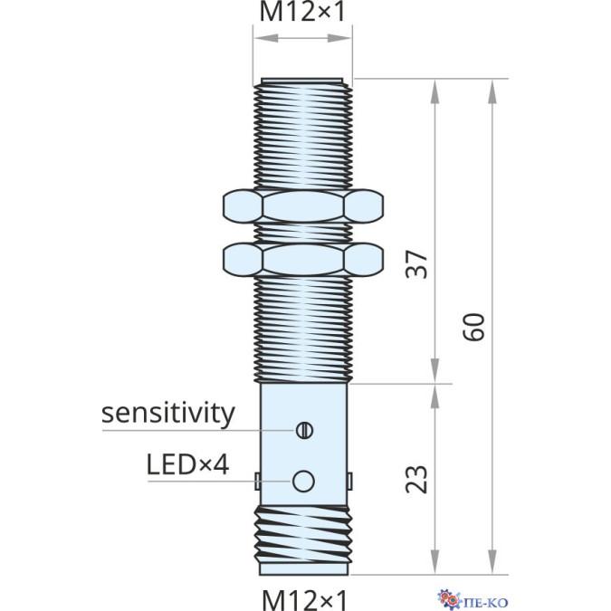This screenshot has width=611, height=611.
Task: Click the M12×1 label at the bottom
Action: (302, 598)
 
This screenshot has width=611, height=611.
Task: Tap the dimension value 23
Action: (415, 478)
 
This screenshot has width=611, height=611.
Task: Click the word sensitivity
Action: (168, 414)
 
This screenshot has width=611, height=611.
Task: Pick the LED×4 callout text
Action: (187, 465)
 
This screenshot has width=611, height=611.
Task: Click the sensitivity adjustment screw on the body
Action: (303, 429)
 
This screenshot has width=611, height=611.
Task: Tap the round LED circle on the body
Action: (303, 479)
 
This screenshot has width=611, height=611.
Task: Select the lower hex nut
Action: (301, 260)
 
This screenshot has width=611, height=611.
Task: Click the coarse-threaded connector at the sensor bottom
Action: (302, 539)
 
